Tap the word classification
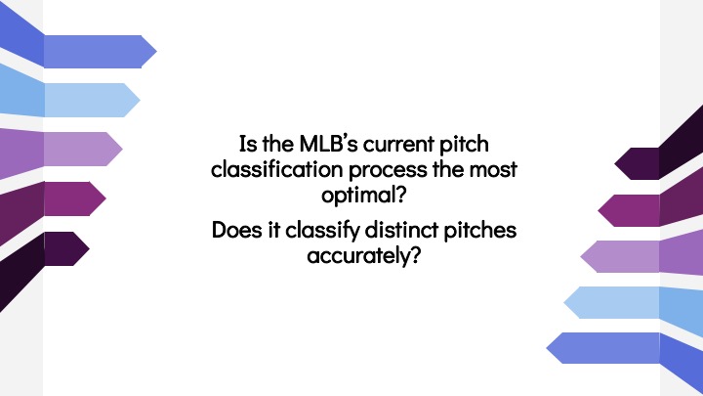(276, 169)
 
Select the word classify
(322, 231)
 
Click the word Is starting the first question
(248, 144)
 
